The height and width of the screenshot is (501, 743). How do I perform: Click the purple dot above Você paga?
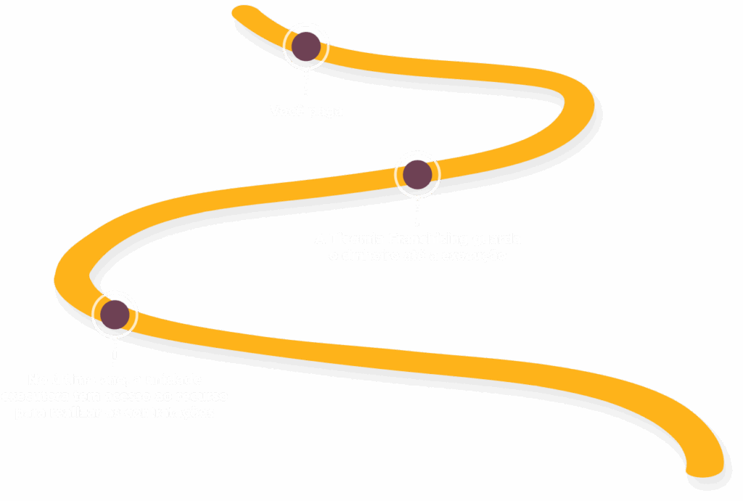point(305,46)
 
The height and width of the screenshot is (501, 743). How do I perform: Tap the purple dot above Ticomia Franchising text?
point(417,174)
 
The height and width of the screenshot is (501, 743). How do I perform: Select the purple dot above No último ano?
point(115,314)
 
